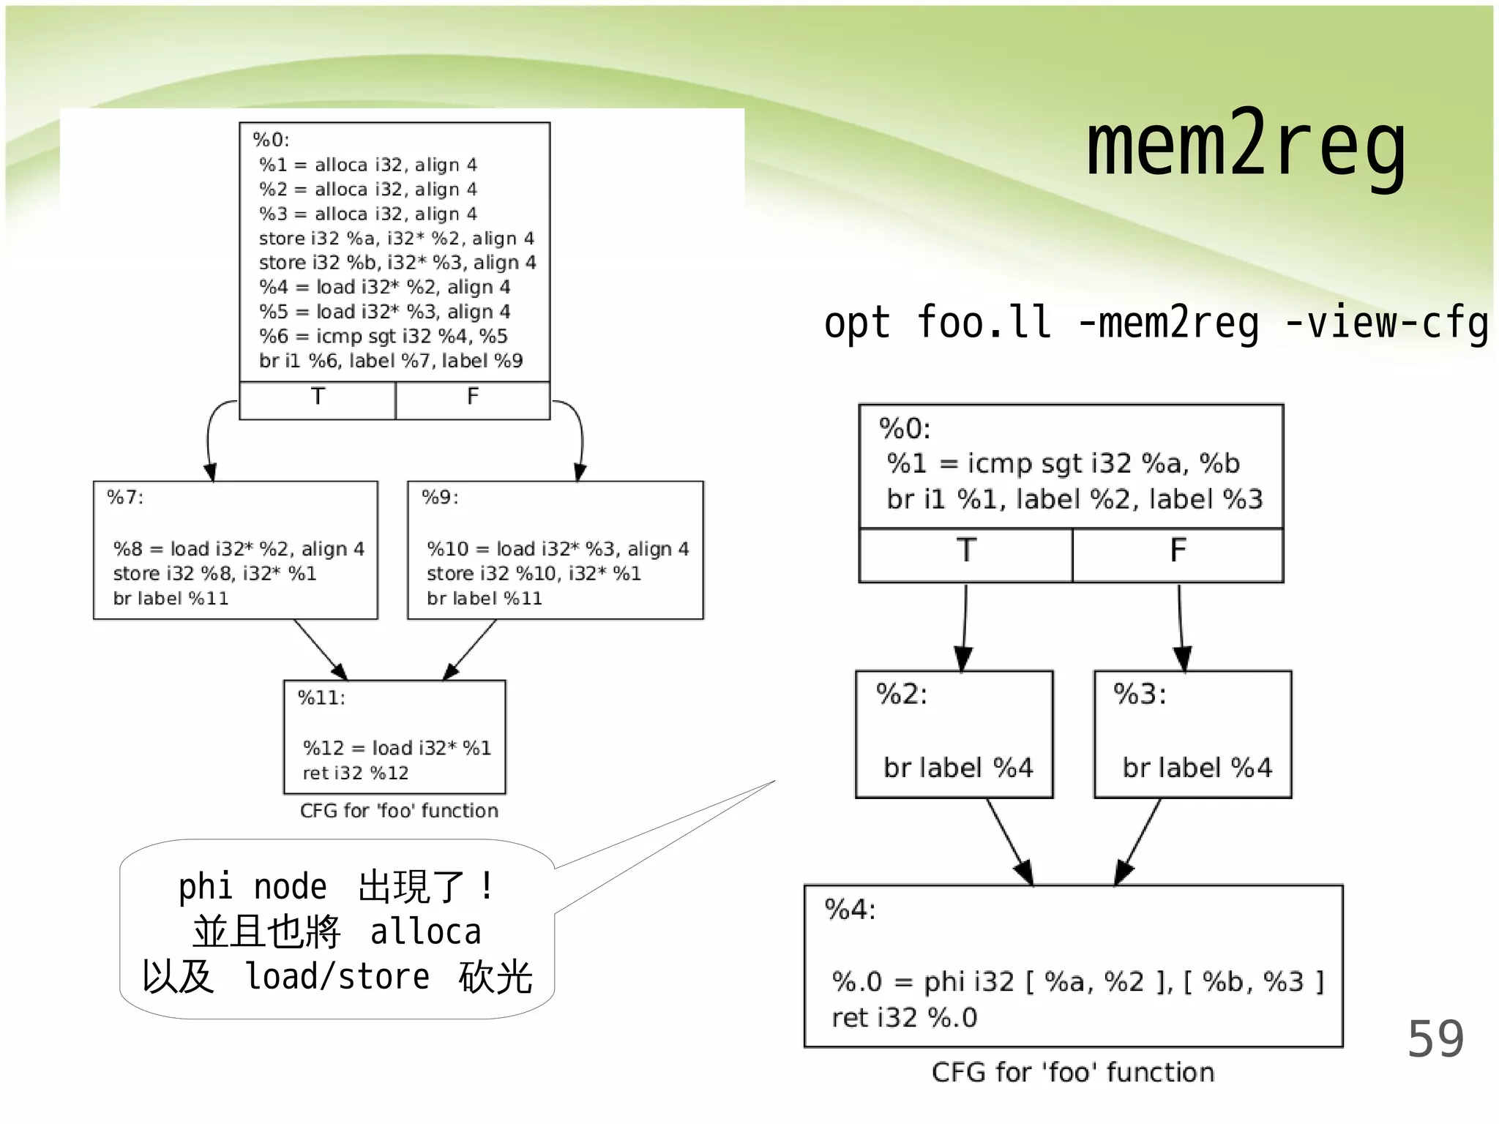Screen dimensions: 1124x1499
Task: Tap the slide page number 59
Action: [1435, 1039]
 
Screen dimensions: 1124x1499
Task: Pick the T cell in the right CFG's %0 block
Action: [965, 552]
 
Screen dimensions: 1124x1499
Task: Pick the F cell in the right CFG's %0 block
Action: [1177, 552]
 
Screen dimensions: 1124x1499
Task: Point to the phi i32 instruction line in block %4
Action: [1077, 982]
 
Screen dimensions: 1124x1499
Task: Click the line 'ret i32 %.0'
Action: [904, 1018]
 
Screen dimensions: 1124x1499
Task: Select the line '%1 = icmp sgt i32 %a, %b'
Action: [1063, 463]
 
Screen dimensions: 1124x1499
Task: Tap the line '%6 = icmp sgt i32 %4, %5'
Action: [383, 337]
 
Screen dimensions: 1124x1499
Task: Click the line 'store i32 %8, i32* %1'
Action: [214, 574]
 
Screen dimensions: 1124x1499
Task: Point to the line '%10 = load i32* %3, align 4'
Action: [558, 549]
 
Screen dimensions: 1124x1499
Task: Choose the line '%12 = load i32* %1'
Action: [397, 748]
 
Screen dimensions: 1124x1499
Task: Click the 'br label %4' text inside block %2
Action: [957, 768]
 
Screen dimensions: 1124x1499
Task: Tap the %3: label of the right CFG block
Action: [1140, 694]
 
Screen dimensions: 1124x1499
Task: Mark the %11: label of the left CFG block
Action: [321, 698]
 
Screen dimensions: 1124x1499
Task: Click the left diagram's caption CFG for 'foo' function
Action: [399, 811]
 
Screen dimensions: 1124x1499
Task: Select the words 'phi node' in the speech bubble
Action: [253, 887]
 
